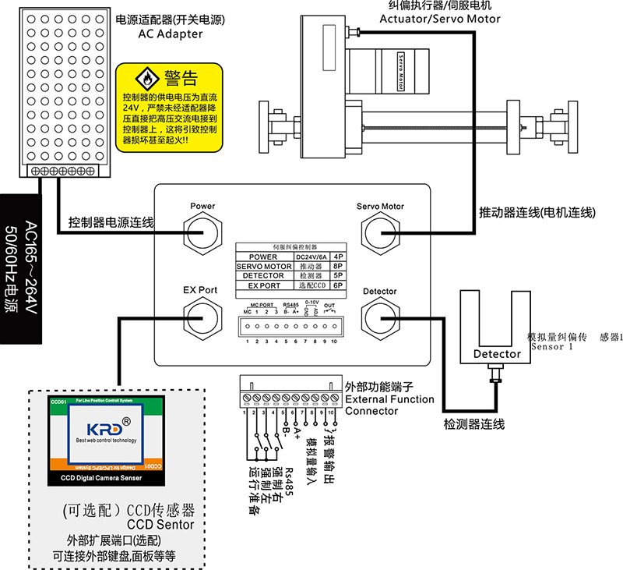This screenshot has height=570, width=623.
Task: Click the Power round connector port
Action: tap(202, 232)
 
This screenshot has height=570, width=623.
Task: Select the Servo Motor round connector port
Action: tap(380, 232)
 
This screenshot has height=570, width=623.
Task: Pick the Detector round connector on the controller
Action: tap(380, 316)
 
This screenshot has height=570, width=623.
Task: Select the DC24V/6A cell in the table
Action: tap(310, 257)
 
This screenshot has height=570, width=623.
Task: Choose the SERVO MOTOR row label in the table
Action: tap(263, 266)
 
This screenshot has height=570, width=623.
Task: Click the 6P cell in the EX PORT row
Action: tap(339, 285)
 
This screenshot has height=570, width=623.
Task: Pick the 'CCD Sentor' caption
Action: tap(160, 525)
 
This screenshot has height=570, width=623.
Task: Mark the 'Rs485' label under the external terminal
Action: tap(287, 476)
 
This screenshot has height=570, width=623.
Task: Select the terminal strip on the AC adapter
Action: tap(62, 170)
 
